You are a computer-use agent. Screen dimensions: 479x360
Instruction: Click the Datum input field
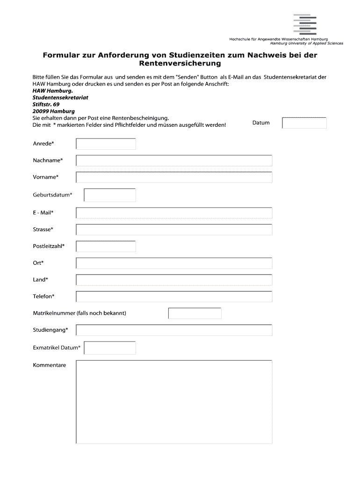point(304,123)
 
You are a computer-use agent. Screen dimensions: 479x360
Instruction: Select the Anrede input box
point(106,144)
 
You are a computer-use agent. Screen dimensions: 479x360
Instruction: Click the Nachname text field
point(174,161)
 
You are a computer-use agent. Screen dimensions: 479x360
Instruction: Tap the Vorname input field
point(174,177)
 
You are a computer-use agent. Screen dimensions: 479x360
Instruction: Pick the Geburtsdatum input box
point(110,195)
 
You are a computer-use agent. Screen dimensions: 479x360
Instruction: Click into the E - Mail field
point(174,213)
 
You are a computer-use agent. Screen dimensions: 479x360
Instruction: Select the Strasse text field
point(174,230)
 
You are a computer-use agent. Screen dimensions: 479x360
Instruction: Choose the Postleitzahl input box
point(106,247)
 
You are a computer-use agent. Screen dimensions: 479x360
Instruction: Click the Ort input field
point(174,263)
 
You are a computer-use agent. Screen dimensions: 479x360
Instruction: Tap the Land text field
point(174,280)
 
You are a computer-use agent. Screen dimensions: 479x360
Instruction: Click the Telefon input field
point(174,297)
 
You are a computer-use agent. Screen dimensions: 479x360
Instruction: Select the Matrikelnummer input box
point(195,313)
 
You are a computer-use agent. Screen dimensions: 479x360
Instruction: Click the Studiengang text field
point(174,330)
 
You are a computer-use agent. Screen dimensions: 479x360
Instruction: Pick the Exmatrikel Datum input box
point(110,348)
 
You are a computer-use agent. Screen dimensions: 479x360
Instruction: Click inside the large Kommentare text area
point(174,402)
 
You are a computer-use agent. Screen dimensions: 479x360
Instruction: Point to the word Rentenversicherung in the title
point(180,64)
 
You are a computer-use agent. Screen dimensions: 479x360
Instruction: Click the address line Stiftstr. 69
point(46,104)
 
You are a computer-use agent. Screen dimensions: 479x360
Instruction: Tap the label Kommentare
point(49,365)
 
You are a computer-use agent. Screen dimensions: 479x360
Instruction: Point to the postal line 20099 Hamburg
point(54,111)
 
